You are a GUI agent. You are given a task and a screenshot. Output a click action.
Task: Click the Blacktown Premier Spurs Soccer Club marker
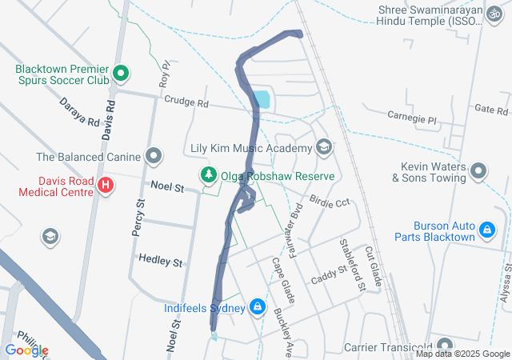tap(121, 75)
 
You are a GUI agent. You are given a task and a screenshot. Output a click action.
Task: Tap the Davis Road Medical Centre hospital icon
tap(105, 186)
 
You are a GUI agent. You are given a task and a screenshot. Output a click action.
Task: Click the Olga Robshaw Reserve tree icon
tap(209, 174)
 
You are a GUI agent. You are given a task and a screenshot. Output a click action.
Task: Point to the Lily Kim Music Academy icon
tap(324, 147)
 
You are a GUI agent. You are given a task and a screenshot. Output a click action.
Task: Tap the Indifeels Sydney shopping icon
tap(258, 306)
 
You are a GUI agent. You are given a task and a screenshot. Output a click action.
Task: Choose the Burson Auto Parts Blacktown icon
tap(486, 231)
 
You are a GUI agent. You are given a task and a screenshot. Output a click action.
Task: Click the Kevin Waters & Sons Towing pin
tap(478, 171)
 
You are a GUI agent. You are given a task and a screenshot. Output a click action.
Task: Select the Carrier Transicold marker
tap(444, 346)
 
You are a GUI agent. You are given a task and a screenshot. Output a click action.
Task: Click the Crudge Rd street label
tap(186, 103)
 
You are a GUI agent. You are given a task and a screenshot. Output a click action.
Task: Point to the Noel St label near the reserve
tap(167, 187)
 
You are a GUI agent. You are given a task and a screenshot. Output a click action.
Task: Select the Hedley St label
tap(161, 261)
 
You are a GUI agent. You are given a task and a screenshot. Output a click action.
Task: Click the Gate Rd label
tap(492, 109)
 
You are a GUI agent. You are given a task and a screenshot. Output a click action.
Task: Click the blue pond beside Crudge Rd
tap(261, 100)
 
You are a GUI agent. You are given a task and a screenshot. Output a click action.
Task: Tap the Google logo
tap(26, 350)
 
